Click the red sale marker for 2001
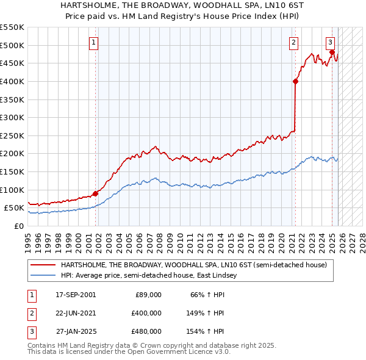tap(95, 194)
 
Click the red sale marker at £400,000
tap(295, 81)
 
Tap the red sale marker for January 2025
tap(332, 52)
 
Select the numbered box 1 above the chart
tap(93, 43)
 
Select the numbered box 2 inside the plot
tap(293, 43)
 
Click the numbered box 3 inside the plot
tap(330, 43)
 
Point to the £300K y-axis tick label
tap(12, 117)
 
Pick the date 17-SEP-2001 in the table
tap(76, 295)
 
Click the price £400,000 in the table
tap(146, 313)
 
